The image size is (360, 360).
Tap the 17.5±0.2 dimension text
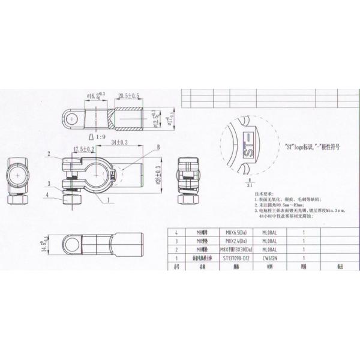tap(83, 149)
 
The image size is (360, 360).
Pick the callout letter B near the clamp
tap(158, 147)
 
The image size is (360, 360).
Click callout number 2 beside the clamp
tap(49, 154)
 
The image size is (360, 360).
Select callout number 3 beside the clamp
tap(49, 182)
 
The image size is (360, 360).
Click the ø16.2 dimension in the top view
tap(96, 95)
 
